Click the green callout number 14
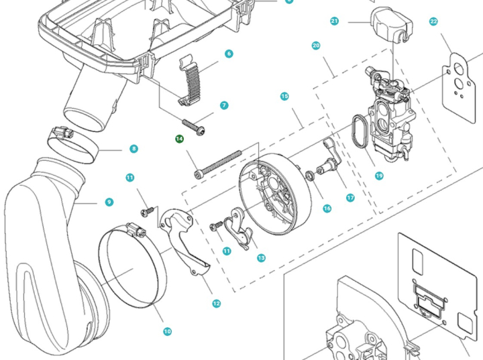click(x=179, y=139)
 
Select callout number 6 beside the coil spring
click(x=229, y=54)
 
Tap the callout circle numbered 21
click(x=334, y=21)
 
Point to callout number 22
click(x=433, y=21)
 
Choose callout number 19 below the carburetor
click(x=379, y=176)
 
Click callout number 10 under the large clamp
click(x=167, y=331)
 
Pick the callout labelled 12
click(x=216, y=304)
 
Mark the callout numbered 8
click(x=134, y=149)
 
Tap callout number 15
click(x=284, y=97)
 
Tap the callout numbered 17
click(x=350, y=198)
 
